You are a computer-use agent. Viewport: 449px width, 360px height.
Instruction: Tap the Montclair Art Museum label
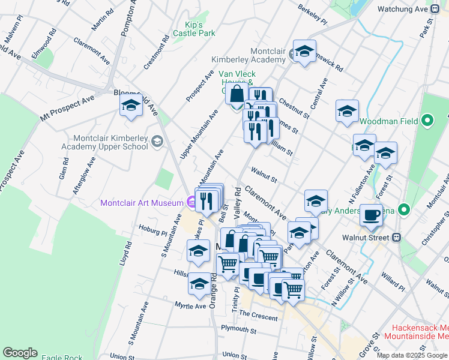[142, 203]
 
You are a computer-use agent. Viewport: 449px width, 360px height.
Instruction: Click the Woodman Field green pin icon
[427, 121]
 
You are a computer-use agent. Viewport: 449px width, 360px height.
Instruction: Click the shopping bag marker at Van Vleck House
[237, 95]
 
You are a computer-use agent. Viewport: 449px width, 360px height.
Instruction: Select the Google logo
[20, 353]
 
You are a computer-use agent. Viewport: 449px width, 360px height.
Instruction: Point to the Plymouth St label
[238, 330]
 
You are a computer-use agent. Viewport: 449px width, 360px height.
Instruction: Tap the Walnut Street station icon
[396, 238]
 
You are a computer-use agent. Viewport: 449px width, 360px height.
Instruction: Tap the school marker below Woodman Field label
[364, 146]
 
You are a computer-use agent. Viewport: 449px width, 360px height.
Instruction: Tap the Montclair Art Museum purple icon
[191, 203]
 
